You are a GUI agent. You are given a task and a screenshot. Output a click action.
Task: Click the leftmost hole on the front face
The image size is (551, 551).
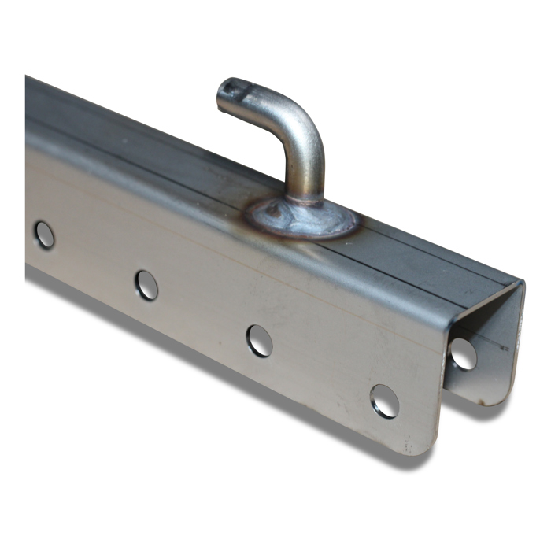point(44,235)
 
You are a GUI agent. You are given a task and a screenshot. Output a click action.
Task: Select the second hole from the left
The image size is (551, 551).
point(146,284)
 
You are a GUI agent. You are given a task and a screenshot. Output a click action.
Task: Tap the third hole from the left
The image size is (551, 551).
point(259,340)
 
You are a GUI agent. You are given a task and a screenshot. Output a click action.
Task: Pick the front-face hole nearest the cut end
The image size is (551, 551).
point(384,401)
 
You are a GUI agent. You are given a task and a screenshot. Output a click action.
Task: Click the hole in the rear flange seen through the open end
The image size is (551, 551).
point(464,354)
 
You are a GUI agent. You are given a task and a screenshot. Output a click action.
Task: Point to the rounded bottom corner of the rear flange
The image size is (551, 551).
point(496,398)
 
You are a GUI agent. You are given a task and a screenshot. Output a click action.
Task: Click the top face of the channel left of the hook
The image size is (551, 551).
point(142,150)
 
